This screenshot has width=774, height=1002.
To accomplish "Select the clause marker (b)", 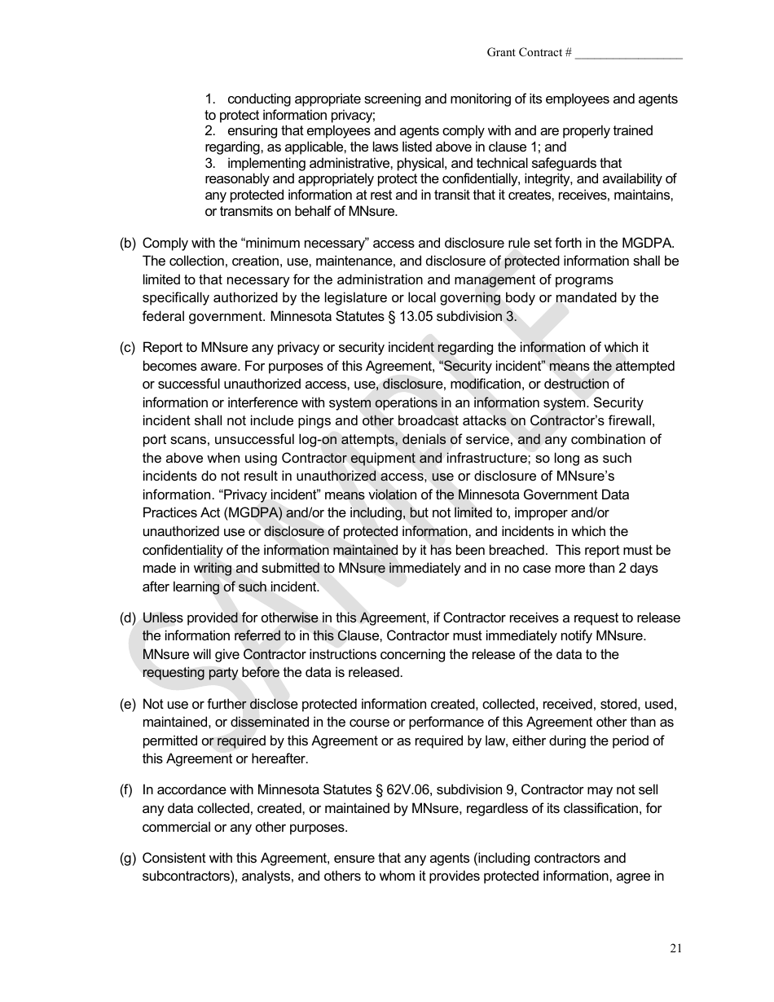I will [x=128, y=243].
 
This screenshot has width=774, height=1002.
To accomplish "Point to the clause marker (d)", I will [x=128, y=617].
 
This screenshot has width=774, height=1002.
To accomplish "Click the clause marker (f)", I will [x=127, y=789].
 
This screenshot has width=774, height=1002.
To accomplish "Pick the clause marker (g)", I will [x=128, y=858].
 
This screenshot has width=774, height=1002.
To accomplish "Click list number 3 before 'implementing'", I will [x=209, y=163].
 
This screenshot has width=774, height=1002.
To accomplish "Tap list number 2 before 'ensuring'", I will [x=209, y=130].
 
